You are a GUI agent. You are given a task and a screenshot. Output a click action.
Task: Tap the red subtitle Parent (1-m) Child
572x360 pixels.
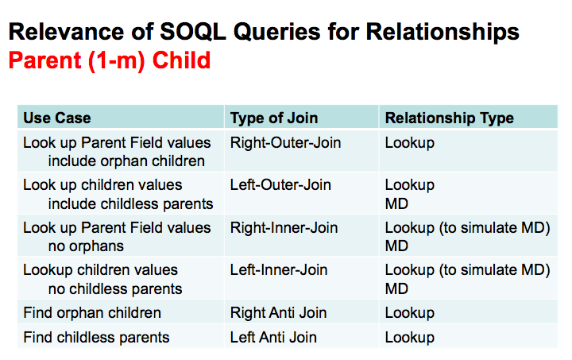coord(110,60)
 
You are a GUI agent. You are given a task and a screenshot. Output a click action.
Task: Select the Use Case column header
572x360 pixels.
coord(56,118)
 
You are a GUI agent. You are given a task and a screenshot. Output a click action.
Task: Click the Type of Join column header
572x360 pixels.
coord(274,118)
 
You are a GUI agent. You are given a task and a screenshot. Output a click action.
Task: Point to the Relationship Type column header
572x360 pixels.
coord(449,118)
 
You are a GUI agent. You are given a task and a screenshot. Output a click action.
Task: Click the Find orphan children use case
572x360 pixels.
coord(91,312)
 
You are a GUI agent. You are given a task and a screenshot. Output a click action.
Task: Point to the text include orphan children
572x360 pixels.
coord(126,161)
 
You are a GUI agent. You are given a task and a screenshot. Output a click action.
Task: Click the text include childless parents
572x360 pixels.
coord(130,204)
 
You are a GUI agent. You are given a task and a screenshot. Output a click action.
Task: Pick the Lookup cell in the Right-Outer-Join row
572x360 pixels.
coord(409,143)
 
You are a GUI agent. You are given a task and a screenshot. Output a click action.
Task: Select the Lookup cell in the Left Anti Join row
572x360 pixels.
coord(409,337)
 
